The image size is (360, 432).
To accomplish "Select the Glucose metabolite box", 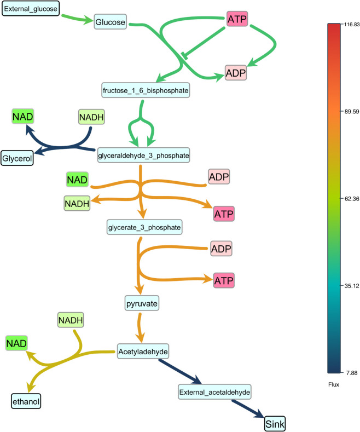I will [x=111, y=22].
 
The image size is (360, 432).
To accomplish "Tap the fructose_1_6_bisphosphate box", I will [x=145, y=89].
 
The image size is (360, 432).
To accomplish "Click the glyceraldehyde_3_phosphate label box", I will [x=144, y=156].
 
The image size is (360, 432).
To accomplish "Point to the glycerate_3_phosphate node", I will [x=143, y=225].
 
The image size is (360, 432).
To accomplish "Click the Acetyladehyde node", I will [x=143, y=349].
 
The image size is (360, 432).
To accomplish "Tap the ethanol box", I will [x=26, y=402].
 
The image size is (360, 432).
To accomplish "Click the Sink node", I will [x=275, y=423].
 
